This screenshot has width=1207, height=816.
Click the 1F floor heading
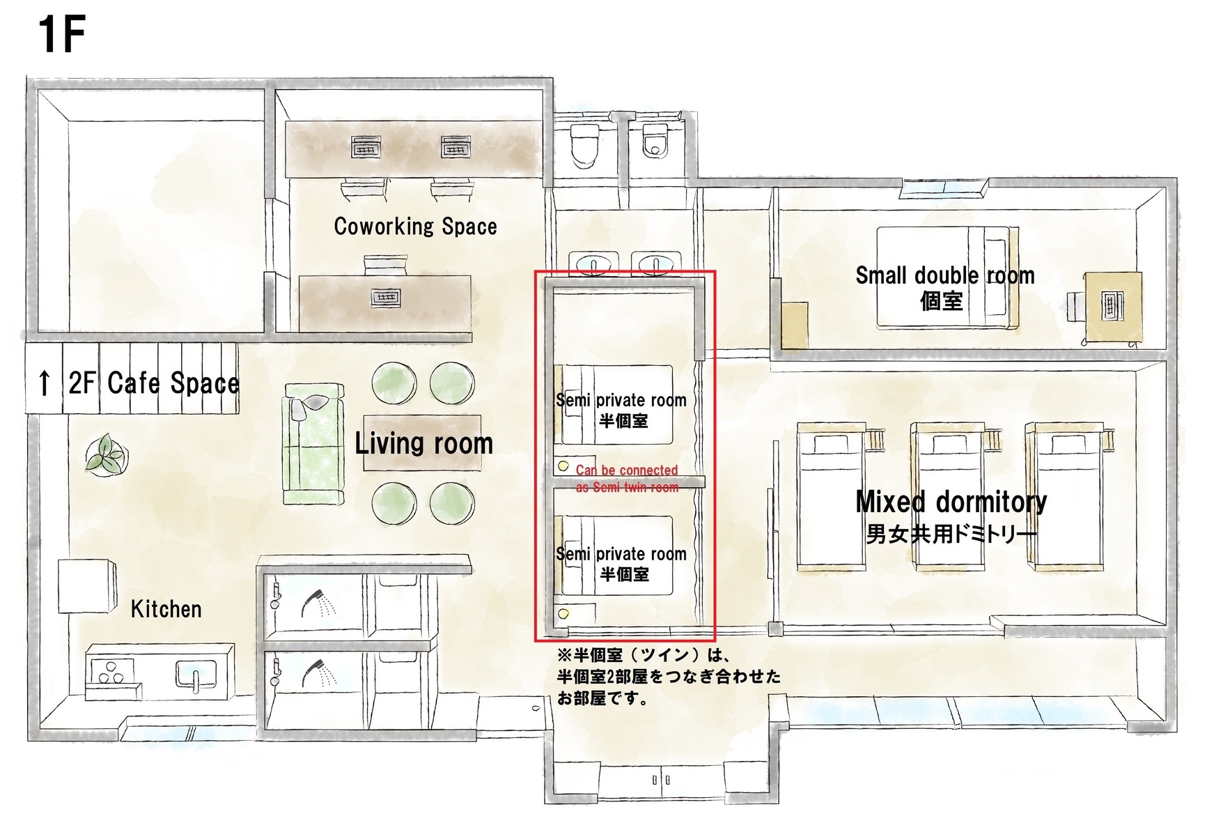tap(62, 35)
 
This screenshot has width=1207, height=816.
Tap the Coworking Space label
tap(415, 226)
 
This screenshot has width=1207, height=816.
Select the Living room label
tap(423, 444)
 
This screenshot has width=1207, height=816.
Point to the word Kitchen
tap(166, 609)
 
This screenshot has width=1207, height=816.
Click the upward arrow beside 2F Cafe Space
tap(45, 382)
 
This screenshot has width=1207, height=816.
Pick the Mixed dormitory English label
tap(951, 501)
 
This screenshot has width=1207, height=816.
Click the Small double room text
tap(944, 275)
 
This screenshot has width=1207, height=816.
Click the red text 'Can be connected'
tap(627, 470)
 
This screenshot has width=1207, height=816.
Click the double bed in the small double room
tap(947, 277)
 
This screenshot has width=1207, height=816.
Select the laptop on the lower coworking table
tap(385, 298)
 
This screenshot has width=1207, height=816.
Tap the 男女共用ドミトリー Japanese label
tap(951, 534)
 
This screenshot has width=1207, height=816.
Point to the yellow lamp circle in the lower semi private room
tap(563, 614)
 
